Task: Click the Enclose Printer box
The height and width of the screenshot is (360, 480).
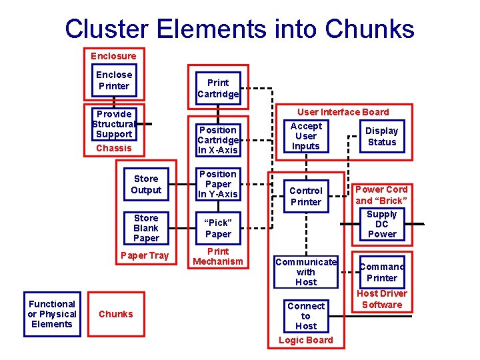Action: [114, 81]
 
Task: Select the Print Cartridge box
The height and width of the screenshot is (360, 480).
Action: [218, 88]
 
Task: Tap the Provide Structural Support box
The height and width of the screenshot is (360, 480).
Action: [113, 124]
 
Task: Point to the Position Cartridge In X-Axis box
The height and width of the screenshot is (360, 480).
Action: [218, 140]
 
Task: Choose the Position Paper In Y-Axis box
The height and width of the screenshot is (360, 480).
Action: [218, 184]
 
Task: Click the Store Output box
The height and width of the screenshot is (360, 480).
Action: [146, 184]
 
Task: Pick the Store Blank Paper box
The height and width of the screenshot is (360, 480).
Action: [146, 228]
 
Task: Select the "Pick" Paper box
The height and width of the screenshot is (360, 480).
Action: [218, 228]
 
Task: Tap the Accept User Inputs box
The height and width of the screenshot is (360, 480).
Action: [306, 136]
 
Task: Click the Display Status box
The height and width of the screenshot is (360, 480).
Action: [382, 136]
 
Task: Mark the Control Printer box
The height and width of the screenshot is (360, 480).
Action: [306, 196]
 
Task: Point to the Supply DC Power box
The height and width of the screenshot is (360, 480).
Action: [382, 224]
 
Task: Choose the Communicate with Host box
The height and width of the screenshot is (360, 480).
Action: [306, 271]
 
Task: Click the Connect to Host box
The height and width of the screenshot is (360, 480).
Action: [306, 316]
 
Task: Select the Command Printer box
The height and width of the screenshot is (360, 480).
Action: [382, 272]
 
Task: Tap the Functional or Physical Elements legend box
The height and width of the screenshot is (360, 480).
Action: [52, 314]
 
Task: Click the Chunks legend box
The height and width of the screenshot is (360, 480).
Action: [116, 314]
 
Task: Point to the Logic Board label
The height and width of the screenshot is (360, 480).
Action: [306, 340]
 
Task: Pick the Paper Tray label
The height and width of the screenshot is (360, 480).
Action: [145, 255]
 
